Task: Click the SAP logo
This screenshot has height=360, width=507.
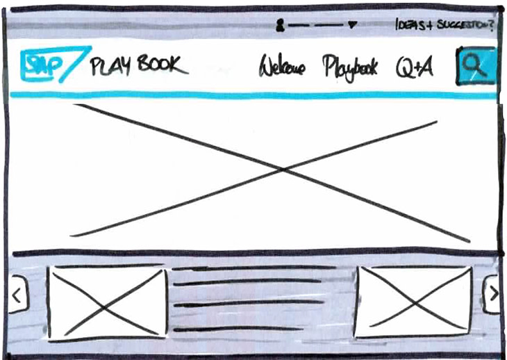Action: pos(51,65)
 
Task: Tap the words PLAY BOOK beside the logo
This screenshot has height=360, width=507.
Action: pos(138,65)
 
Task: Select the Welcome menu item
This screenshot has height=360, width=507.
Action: pos(282,67)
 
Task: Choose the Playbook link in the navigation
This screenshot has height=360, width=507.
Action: pos(350,67)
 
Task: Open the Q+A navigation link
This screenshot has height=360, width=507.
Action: pos(415,67)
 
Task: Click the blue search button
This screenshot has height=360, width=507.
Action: pos(476,66)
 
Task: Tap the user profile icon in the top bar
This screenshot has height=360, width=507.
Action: pos(280,26)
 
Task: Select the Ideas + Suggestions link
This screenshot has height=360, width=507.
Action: pos(444,26)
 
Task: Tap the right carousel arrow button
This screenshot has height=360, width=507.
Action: pos(492,294)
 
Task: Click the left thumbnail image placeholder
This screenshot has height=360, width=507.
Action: pos(107,303)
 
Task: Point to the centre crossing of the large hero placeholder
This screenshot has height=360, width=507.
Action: pos(281,170)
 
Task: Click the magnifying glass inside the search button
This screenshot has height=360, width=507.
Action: pos(474,64)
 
